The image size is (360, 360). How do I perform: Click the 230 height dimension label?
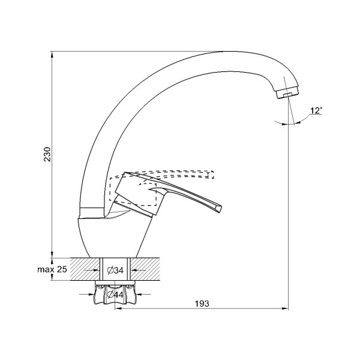click(x=47, y=154)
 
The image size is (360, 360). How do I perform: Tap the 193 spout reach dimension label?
click(x=202, y=304)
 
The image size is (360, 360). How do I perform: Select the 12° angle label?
click(x=316, y=110)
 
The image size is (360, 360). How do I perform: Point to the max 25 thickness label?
click(x=52, y=269)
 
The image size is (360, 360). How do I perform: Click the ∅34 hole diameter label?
click(x=115, y=271)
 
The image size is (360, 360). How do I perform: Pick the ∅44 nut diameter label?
click(x=115, y=294)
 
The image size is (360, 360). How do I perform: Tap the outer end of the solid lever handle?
click(x=219, y=208)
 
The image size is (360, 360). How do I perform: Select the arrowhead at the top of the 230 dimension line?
click(x=52, y=53)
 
